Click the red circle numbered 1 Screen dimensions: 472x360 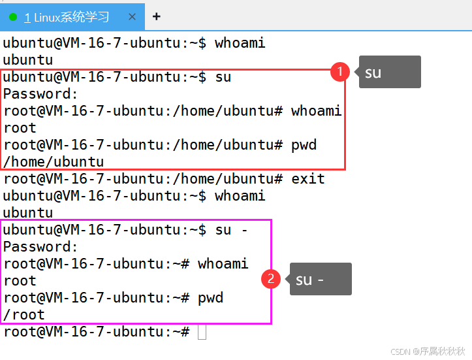339,72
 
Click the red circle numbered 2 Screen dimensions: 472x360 271,280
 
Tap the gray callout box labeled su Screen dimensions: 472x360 389,72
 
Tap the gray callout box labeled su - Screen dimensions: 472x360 320,279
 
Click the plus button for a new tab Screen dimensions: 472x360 156,17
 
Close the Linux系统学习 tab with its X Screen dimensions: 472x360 133,18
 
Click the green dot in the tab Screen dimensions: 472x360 13,18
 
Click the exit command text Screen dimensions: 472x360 307,178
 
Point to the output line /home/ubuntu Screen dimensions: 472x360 54,161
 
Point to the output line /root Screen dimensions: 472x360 24,314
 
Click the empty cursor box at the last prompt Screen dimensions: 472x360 202,331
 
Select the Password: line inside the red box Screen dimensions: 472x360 40,93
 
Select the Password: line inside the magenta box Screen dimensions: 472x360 40,246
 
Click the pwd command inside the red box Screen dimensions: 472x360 304,144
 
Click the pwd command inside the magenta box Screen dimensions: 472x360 210,297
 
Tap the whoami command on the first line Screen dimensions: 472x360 240,42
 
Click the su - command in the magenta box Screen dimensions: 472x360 232,229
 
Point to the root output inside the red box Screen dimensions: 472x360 20,127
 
